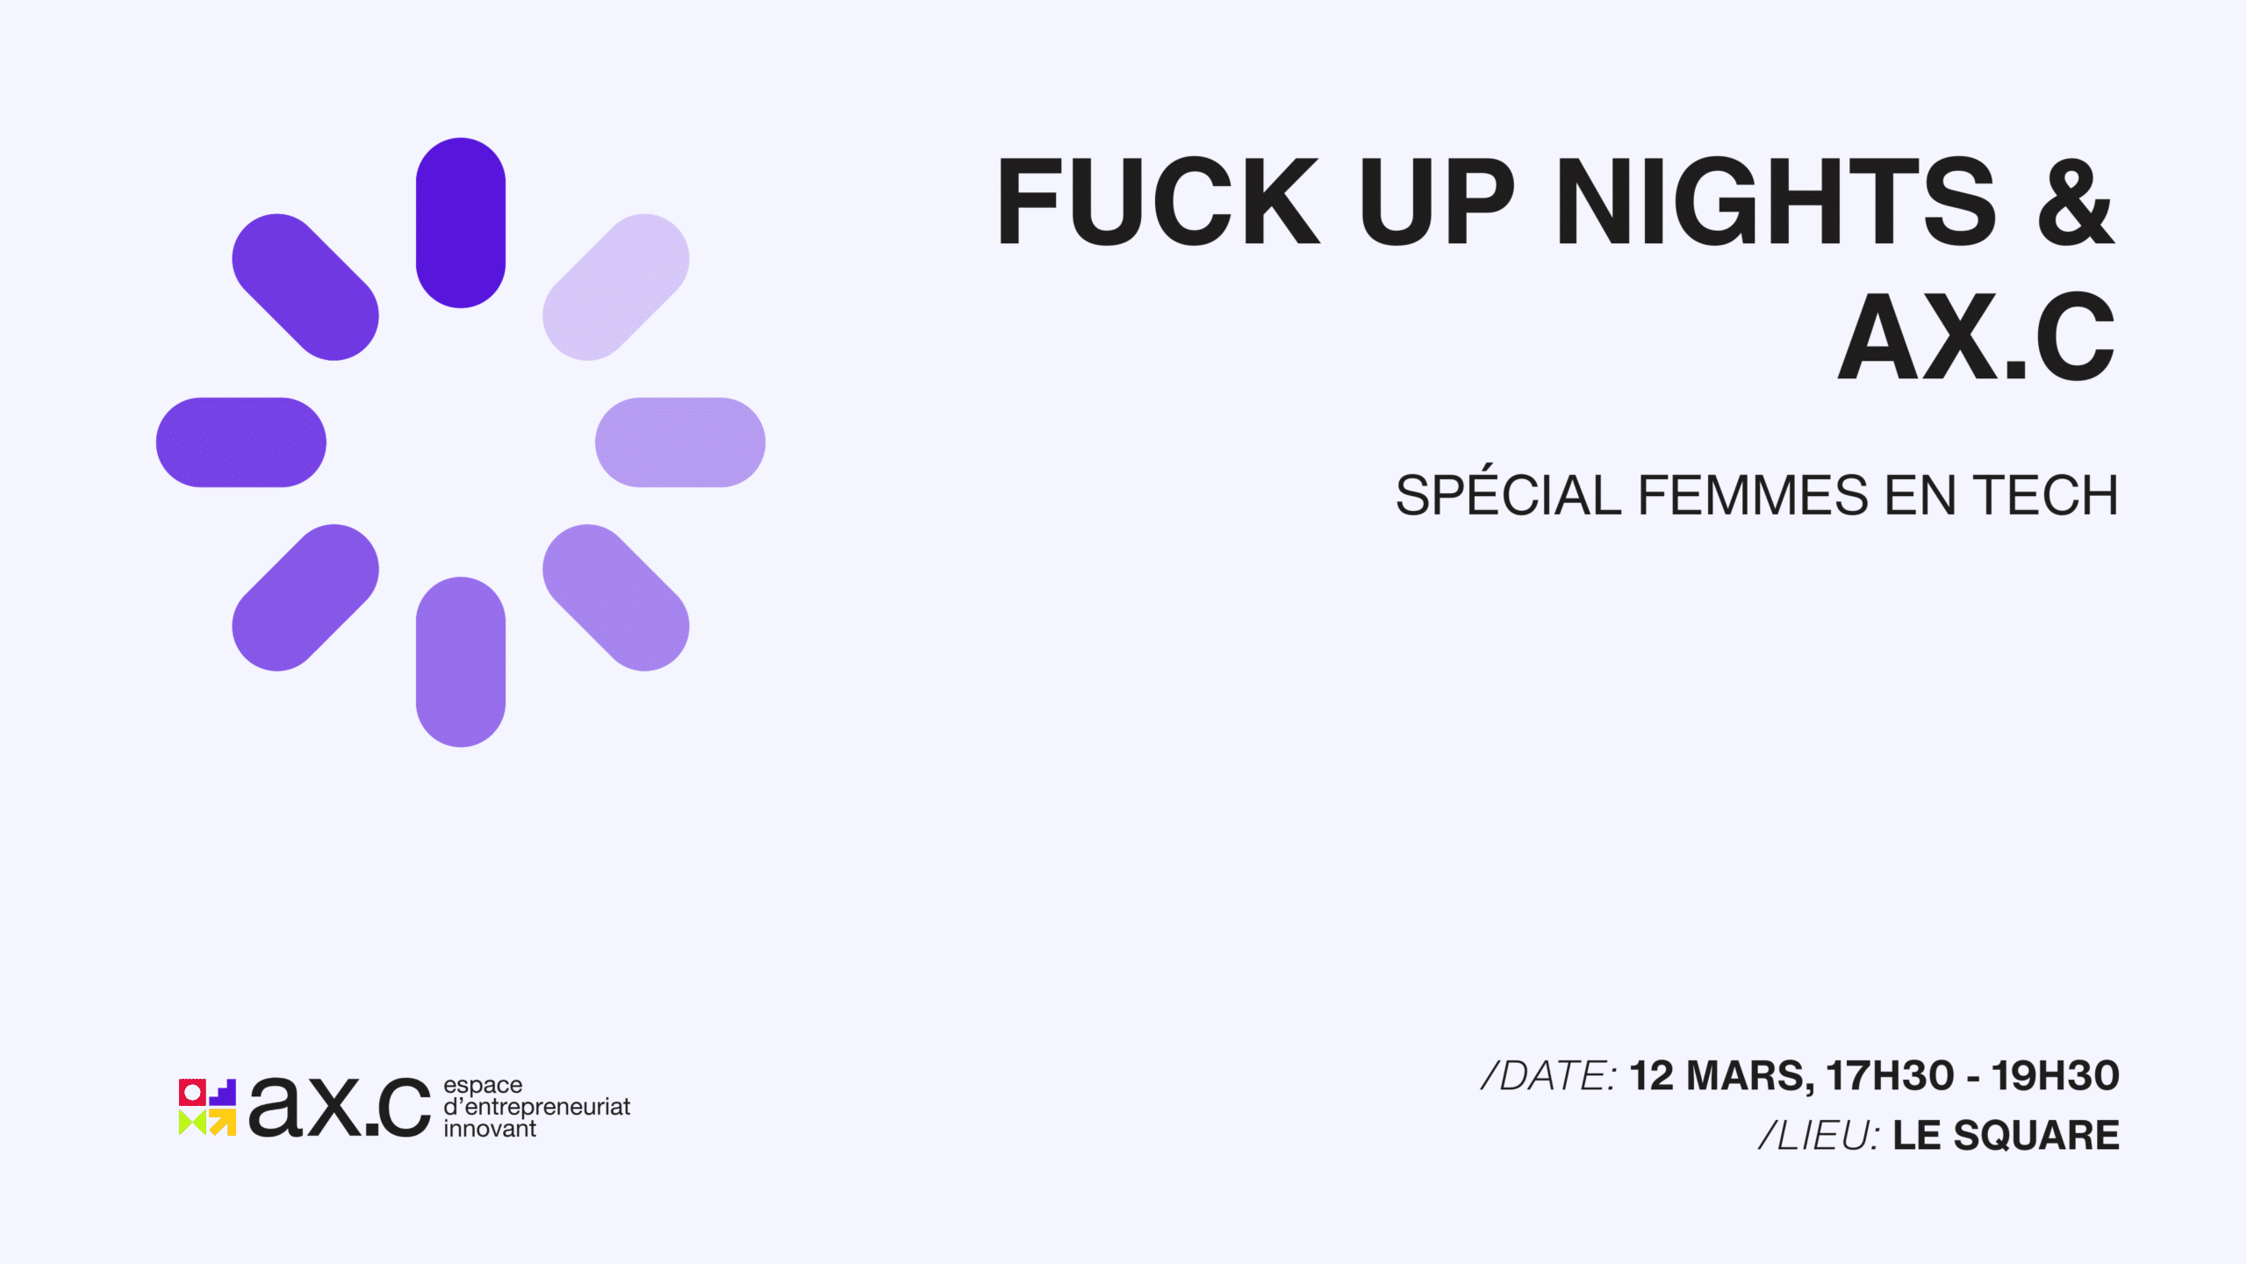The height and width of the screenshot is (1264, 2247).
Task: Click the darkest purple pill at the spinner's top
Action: (461, 223)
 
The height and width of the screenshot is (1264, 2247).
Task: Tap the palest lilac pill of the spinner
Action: (616, 287)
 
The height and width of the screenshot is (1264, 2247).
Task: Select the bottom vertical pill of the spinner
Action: (461, 662)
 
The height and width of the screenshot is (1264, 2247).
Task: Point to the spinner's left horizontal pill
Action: (241, 442)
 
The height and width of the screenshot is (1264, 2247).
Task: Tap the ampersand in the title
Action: (2077, 202)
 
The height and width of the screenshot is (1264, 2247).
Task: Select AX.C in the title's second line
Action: (1977, 337)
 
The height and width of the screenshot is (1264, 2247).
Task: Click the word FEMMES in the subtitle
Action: (1754, 495)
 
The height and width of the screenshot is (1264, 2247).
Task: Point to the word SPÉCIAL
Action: (1508, 492)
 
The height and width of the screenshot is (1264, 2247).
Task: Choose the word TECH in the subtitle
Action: (2045, 495)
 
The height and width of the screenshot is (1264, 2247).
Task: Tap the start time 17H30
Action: (1891, 1076)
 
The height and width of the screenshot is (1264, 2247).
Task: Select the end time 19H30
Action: (2056, 1076)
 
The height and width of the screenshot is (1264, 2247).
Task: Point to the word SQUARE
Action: (2036, 1136)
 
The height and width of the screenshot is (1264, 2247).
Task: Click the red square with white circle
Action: (192, 1093)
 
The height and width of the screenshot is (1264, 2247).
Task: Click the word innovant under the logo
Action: (490, 1129)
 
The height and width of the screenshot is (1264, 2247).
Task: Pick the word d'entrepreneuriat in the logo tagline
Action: (537, 1108)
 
